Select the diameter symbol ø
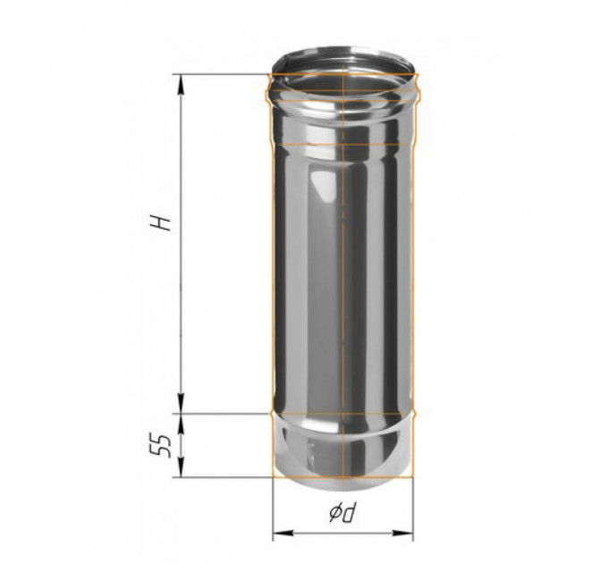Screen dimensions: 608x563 [335, 514]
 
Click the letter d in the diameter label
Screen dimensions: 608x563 [350, 512]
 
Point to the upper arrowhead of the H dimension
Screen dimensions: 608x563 [181, 84]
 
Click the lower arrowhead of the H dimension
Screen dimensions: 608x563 [182, 404]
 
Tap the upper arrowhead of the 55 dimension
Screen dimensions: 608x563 [182, 423]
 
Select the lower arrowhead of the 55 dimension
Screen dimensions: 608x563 [182, 467]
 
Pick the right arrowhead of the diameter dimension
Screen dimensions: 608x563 [403, 534]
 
